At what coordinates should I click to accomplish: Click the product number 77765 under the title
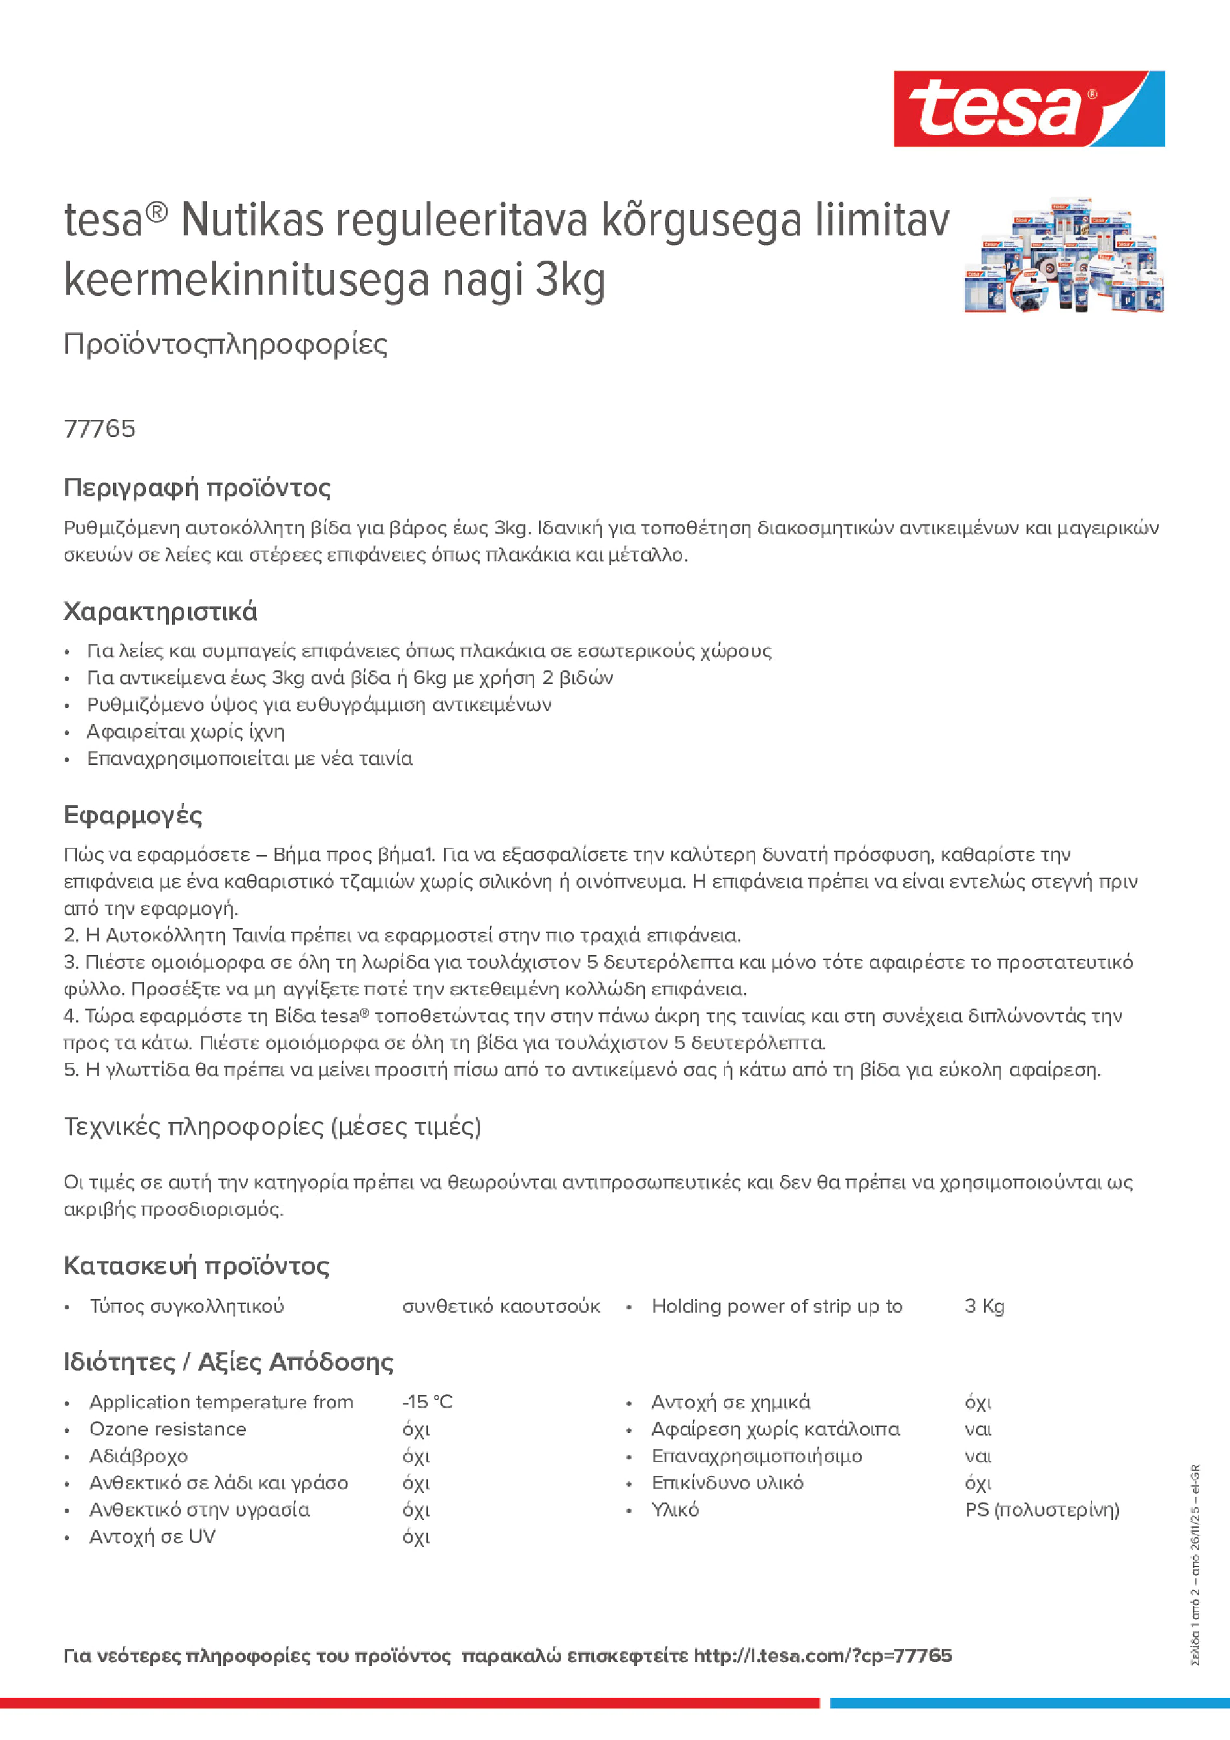click(99, 429)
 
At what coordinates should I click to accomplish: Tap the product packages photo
click(1063, 256)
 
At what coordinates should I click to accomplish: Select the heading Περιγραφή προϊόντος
click(197, 487)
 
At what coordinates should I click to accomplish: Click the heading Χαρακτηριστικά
click(160, 612)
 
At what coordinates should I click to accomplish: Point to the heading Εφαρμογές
click(133, 816)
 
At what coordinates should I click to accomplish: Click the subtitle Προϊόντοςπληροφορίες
click(226, 344)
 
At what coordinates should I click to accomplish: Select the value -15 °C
click(427, 1402)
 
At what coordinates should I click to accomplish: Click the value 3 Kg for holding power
click(984, 1305)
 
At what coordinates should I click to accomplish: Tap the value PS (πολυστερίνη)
click(1041, 1509)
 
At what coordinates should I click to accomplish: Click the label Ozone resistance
click(168, 1429)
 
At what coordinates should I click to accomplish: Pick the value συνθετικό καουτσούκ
click(501, 1305)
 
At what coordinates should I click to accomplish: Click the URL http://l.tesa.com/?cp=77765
click(822, 1656)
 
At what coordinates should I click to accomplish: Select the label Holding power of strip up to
click(776, 1305)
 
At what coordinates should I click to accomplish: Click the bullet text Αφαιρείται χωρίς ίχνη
click(185, 732)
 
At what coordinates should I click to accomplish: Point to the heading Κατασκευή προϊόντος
click(196, 1266)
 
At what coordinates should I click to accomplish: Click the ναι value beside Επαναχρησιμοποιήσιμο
click(978, 1456)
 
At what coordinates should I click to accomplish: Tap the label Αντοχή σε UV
click(153, 1537)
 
